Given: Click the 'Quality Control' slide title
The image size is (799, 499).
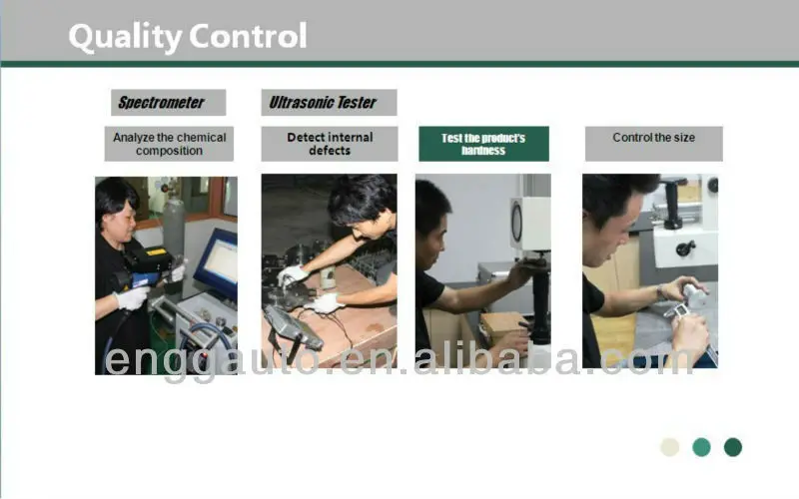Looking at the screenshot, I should [x=187, y=37].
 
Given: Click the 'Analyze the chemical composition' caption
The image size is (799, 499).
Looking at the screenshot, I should [x=169, y=144].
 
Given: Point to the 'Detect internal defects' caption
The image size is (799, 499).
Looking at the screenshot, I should [x=330, y=144].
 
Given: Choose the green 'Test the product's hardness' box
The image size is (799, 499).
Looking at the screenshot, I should [x=483, y=144].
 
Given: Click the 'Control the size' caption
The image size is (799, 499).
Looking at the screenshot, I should [x=653, y=138].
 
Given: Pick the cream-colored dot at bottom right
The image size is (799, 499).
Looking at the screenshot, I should [x=670, y=447].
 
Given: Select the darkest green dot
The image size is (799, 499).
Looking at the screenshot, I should [x=733, y=447].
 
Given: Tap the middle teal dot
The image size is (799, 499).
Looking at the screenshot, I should [x=701, y=447].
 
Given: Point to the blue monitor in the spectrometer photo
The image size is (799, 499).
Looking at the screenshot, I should [x=215, y=261].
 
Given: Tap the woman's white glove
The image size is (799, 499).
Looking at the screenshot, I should [x=132, y=297].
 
